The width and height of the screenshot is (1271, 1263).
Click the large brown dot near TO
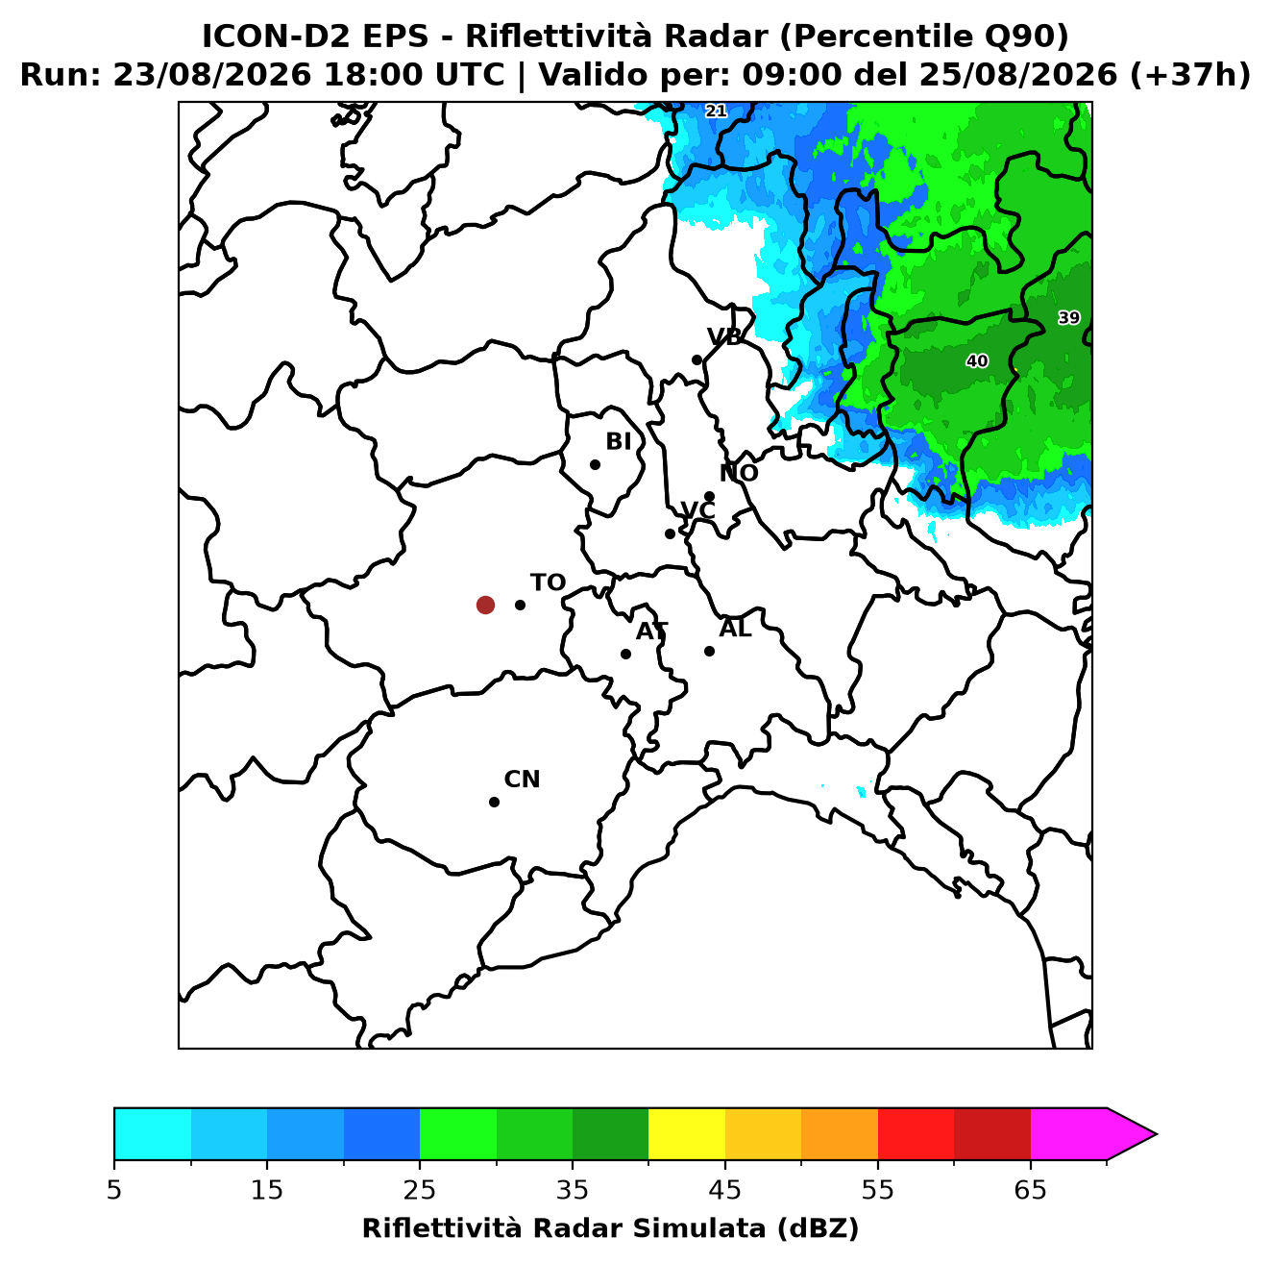[x=485, y=604]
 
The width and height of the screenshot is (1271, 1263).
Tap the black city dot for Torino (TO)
[x=520, y=605]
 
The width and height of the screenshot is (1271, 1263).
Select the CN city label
[x=522, y=780]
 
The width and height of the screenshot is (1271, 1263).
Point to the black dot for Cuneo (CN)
[x=494, y=803]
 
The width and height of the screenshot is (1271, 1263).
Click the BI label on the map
[x=618, y=442]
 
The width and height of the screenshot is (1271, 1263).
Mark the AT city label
[x=651, y=631]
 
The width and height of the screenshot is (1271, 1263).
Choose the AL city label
[x=735, y=629]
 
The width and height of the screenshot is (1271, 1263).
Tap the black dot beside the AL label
[x=709, y=651]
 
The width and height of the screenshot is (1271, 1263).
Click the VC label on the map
[x=697, y=510]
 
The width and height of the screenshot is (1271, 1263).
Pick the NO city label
[x=739, y=473]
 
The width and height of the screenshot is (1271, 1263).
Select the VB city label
[x=724, y=336]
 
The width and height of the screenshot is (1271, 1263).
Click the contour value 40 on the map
[x=977, y=361]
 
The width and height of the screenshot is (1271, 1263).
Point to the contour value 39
[x=1069, y=318]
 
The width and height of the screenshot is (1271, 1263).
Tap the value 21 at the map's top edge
[x=716, y=111]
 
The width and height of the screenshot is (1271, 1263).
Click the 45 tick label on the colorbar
[x=725, y=1190]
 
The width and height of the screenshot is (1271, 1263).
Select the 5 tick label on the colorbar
[x=114, y=1190]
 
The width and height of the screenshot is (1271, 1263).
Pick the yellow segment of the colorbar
[x=687, y=1133]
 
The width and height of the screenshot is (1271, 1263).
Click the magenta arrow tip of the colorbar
[x=1156, y=1134]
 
